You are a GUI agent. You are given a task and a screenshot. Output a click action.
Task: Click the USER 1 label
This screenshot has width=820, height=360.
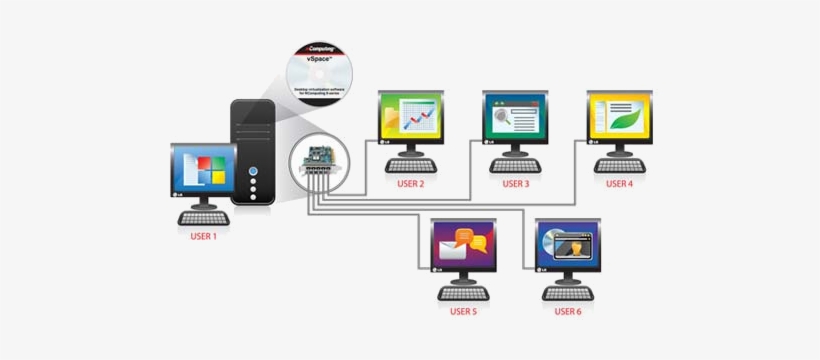point(203,236)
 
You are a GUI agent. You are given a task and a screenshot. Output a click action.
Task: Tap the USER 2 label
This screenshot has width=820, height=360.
point(410,184)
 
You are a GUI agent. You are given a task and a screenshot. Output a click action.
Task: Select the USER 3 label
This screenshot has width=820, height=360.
point(515,184)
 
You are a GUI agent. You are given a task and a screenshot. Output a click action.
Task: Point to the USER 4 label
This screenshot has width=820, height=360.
point(619,184)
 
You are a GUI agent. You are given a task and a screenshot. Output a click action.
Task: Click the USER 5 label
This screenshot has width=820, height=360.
point(461,312)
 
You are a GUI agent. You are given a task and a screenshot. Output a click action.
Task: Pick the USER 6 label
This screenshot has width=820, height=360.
point(567,312)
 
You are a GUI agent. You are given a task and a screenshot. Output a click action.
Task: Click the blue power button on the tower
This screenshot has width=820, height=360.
point(254,171)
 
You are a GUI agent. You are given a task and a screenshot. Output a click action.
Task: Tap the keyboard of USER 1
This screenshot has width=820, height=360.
point(203,218)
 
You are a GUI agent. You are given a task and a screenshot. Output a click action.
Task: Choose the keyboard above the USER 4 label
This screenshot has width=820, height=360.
point(619,166)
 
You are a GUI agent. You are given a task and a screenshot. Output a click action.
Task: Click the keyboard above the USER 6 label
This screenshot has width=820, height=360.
point(567,294)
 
